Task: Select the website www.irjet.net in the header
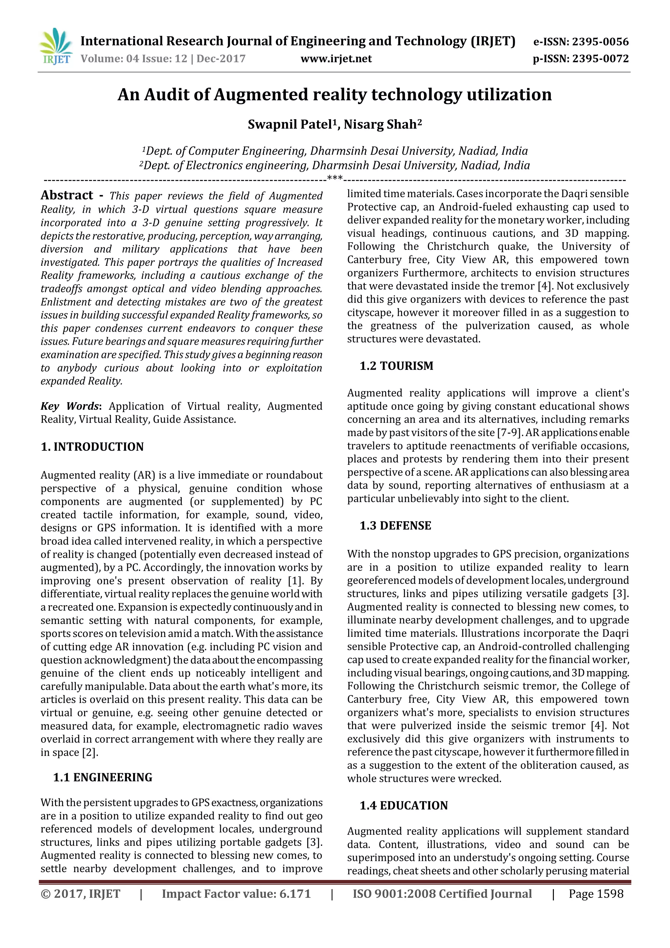(x=336, y=59)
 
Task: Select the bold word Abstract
(x=67, y=195)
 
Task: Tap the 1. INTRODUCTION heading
(x=92, y=447)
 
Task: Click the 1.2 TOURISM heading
(x=396, y=366)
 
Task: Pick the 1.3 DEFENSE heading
(x=395, y=526)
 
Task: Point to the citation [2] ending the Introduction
(x=90, y=752)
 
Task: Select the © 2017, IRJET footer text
(x=80, y=894)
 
